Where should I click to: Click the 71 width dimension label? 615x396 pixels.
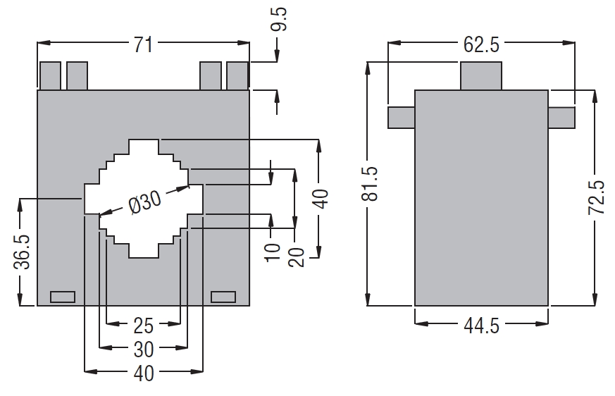click(143, 44)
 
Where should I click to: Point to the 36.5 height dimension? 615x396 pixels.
click(22, 250)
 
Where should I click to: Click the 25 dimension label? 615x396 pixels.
click(143, 326)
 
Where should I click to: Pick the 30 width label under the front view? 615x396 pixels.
click(143, 348)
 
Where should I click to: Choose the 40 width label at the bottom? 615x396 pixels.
click(143, 372)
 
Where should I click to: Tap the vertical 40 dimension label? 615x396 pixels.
click(321, 199)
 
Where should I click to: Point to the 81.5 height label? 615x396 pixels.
click(369, 184)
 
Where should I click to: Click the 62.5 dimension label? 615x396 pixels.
click(481, 45)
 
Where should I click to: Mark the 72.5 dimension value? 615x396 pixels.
click(597, 197)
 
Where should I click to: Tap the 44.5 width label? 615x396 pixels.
click(481, 326)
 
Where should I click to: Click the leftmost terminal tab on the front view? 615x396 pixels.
click(50, 76)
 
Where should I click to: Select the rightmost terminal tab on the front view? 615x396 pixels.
click(237, 76)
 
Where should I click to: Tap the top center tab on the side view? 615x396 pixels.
click(481, 76)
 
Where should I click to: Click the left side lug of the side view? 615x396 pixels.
click(401, 117)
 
